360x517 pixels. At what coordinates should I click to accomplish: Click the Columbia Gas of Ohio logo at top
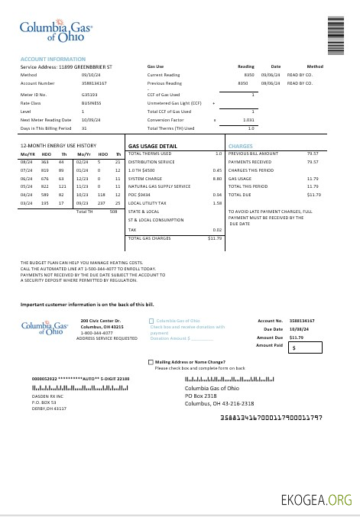point(55,31)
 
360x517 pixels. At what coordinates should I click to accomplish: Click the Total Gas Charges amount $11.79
point(215,238)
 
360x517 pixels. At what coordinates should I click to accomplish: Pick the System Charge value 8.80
point(217,178)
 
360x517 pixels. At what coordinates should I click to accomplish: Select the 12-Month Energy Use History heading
point(58,145)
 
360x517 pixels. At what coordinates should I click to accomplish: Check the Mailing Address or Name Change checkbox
point(151,362)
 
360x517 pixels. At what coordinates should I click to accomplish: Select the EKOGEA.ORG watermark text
point(316,500)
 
